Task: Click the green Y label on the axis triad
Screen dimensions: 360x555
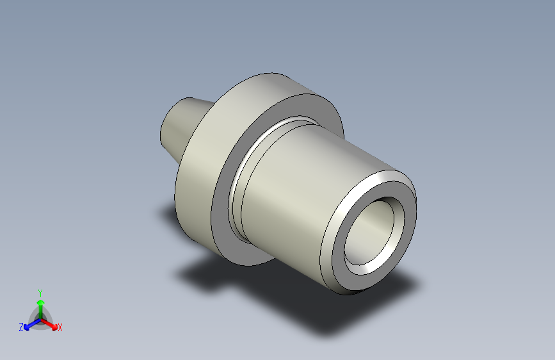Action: (x=40, y=292)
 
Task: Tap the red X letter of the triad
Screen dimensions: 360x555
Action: (x=60, y=327)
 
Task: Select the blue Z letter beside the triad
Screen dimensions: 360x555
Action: (x=21, y=327)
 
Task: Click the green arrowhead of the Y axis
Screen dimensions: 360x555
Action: (x=40, y=302)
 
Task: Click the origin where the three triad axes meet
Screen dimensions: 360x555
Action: (x=40, y=318)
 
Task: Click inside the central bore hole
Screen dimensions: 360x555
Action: (x=371, y=231)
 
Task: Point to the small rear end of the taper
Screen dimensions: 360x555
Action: (x=164, y=128)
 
